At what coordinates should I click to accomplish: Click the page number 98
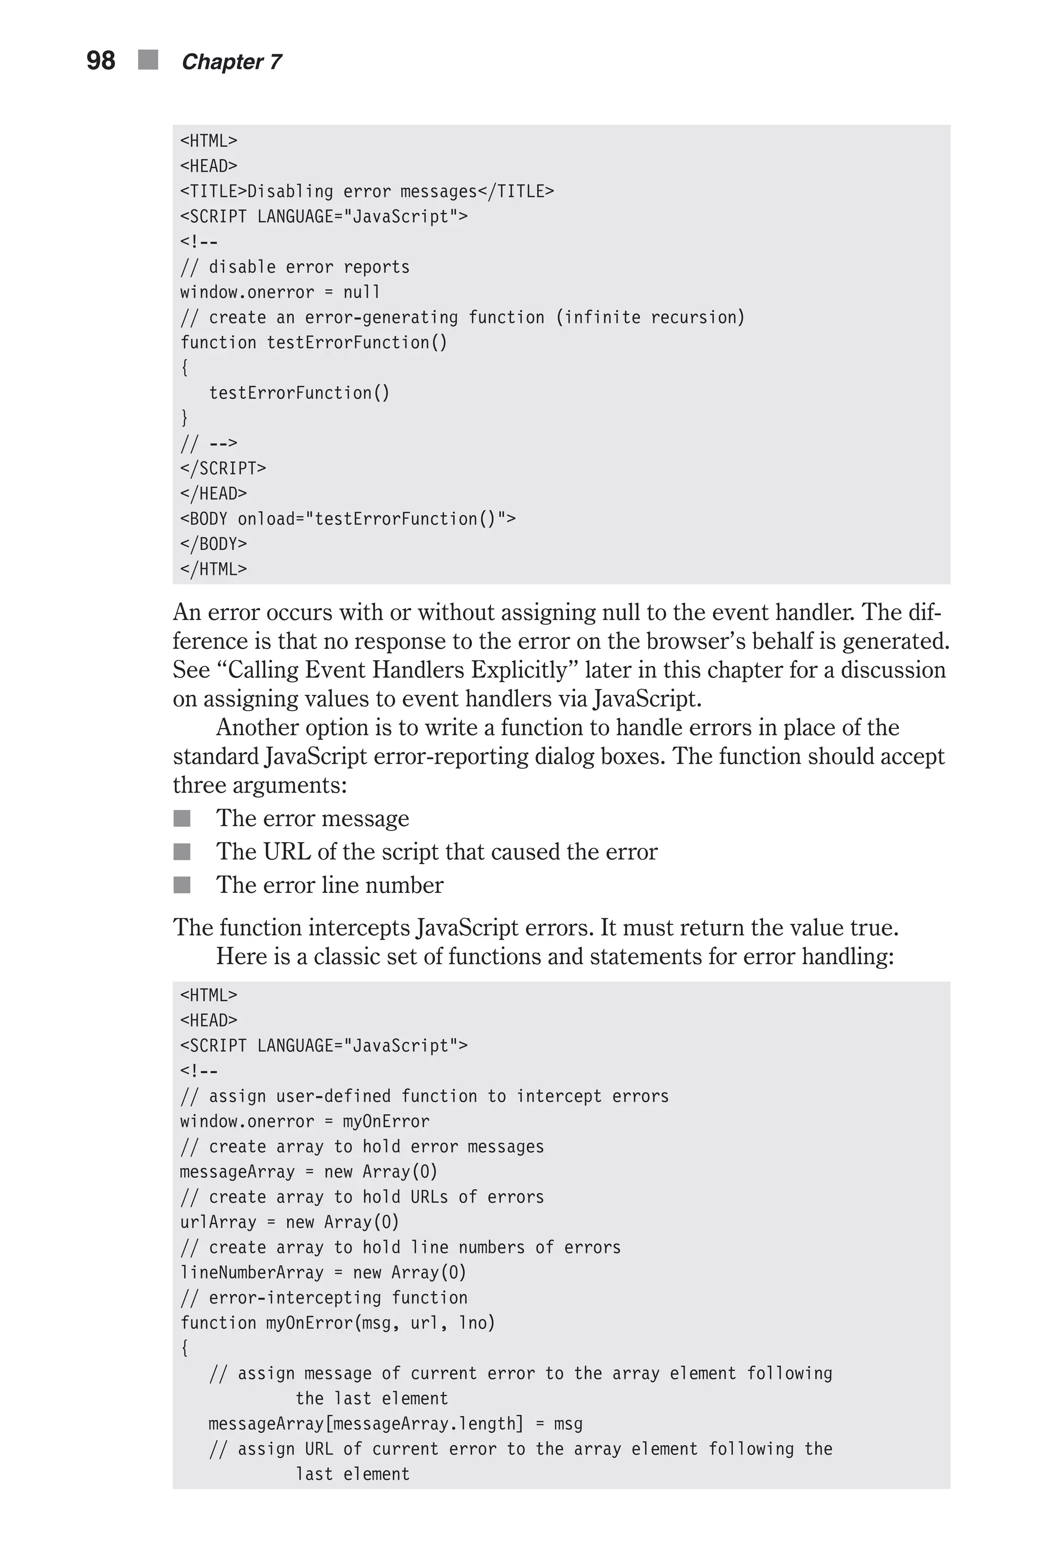[x=101, y=61]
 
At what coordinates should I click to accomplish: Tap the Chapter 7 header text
[x=231, y=62]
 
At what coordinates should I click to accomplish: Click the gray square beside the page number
[x=148, y=60]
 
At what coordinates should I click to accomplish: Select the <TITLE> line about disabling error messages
[x=367, y=192]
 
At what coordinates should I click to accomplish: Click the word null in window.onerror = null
[x=362, y=292]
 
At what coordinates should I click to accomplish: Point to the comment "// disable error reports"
[x=295, y=267]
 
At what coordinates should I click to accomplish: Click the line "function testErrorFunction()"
[x=313, y=343]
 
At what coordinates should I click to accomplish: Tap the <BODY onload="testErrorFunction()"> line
[x=348, y=519]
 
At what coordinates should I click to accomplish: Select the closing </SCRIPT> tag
[x=223, y=469]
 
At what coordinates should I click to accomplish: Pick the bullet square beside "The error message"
[x=182, y=819]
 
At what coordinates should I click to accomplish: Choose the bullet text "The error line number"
[x=329, y=885]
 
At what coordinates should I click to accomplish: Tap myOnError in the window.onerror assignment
[x=385, y=1121]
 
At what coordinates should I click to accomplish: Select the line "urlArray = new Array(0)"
[x=290, y=1222]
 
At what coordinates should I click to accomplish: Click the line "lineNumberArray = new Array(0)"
[x=323, y=1273]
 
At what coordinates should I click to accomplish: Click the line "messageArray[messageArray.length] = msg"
[x=395, y=1423]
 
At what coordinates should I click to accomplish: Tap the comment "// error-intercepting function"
[x=324, y=1298]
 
